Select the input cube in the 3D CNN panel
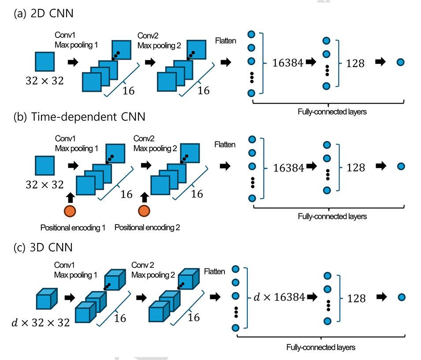46,299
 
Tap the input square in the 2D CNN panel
44,61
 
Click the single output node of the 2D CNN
400,63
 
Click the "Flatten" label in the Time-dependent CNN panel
225,145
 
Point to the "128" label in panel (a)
355,63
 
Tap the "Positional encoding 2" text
147,228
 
